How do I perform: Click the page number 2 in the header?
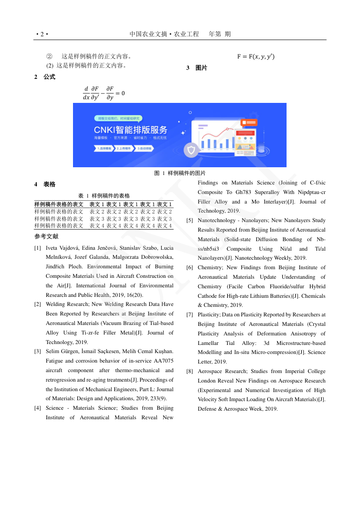[x=42, y=34]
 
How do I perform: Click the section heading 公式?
[x=49, y=77]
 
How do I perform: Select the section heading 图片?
[x=201, y=68]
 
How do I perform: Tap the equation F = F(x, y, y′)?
[x=256, y=57]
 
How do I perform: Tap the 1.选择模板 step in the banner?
[x=104, y=148]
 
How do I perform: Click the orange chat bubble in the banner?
[x=249, y=122]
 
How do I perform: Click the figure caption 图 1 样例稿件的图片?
[x=180, y=173]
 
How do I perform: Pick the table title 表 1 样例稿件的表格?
[x=104, y=196]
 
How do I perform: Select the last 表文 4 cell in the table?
[x=164, y=226]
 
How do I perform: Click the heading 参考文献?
[x=46, y=237]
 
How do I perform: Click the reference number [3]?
[x=38, y=352]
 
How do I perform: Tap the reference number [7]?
[x=190, y=315]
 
